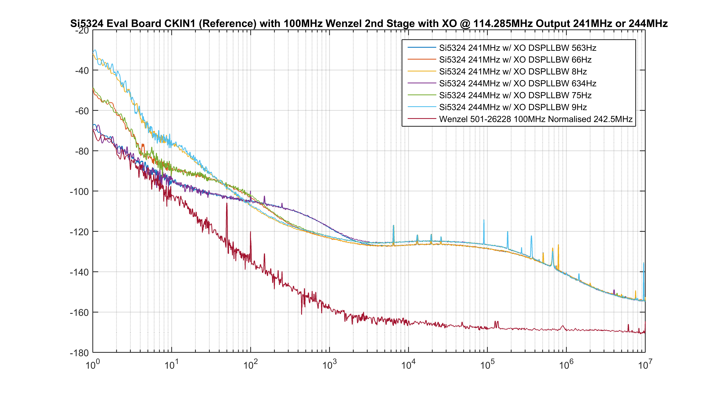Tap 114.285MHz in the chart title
[503, 24]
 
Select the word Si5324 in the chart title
[87, 24]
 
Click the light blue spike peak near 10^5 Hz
[484, 220]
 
